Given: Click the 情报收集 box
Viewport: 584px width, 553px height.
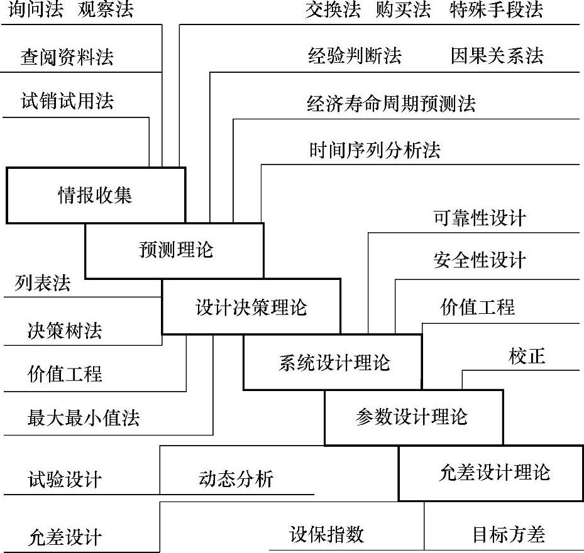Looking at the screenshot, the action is pos(96,195).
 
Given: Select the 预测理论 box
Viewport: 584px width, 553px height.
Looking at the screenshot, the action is pos(175,250).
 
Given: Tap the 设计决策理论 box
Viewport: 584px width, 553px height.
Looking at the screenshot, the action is pos(251,308).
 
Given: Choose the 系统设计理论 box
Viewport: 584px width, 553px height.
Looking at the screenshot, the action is pos(333,362).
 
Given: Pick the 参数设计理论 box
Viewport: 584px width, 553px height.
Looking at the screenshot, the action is pos(412,417).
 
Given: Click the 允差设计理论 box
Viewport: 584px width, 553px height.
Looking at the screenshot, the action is pos(493,473).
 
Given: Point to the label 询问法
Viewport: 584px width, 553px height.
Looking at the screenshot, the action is pos(37,10).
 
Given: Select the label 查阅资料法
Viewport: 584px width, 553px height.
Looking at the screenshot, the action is pos(67,58).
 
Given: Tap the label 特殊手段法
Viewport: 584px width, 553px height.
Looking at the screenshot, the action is pos(497,10).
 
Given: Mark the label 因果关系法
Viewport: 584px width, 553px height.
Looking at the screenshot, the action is pos(497,56).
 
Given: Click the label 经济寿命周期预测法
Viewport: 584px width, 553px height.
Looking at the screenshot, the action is pos(391,104).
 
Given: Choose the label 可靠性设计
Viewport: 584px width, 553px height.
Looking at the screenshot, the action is pos(479,218).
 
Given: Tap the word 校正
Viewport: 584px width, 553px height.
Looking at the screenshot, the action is pos(527,357).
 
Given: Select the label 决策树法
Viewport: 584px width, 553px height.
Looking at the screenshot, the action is pos(64,330).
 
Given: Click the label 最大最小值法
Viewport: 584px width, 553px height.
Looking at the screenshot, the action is pos(83,417).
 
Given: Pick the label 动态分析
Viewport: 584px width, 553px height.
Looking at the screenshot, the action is pos(236,480).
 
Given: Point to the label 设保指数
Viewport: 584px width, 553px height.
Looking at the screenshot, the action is pos(326,534).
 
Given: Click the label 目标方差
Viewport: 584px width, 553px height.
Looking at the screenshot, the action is pos(508,535).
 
